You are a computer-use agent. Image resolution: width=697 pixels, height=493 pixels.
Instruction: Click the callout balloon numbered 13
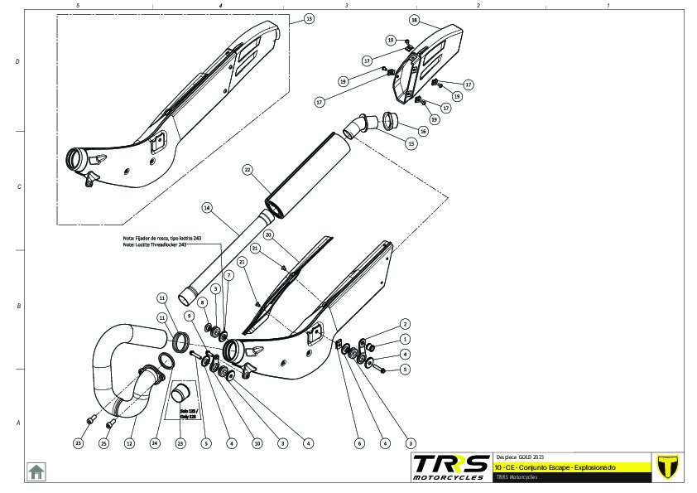[309, 17]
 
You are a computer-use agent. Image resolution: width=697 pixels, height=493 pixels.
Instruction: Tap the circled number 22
[247, 169]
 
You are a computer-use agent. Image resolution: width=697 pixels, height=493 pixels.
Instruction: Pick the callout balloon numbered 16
[423, 131]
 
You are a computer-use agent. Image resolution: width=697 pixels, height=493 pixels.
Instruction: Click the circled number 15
[411, 143]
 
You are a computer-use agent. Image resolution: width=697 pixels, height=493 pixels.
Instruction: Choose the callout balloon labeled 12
[129, 443]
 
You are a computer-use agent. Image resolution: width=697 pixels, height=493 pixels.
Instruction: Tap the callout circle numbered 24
[154, 443]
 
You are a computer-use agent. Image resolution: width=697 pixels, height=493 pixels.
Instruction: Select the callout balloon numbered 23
[180, 443]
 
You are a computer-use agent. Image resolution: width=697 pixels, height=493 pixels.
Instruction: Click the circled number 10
[257, 443]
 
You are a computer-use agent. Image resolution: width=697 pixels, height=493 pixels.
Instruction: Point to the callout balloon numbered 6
[359, 443]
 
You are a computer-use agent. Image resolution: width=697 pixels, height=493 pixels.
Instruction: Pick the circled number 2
[405, 324]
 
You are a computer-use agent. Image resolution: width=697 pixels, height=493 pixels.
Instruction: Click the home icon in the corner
[36, 471]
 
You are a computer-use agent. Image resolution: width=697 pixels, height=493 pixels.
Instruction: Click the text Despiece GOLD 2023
[520, 457]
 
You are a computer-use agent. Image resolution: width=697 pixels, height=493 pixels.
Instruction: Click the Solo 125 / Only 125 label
[189, 413]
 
